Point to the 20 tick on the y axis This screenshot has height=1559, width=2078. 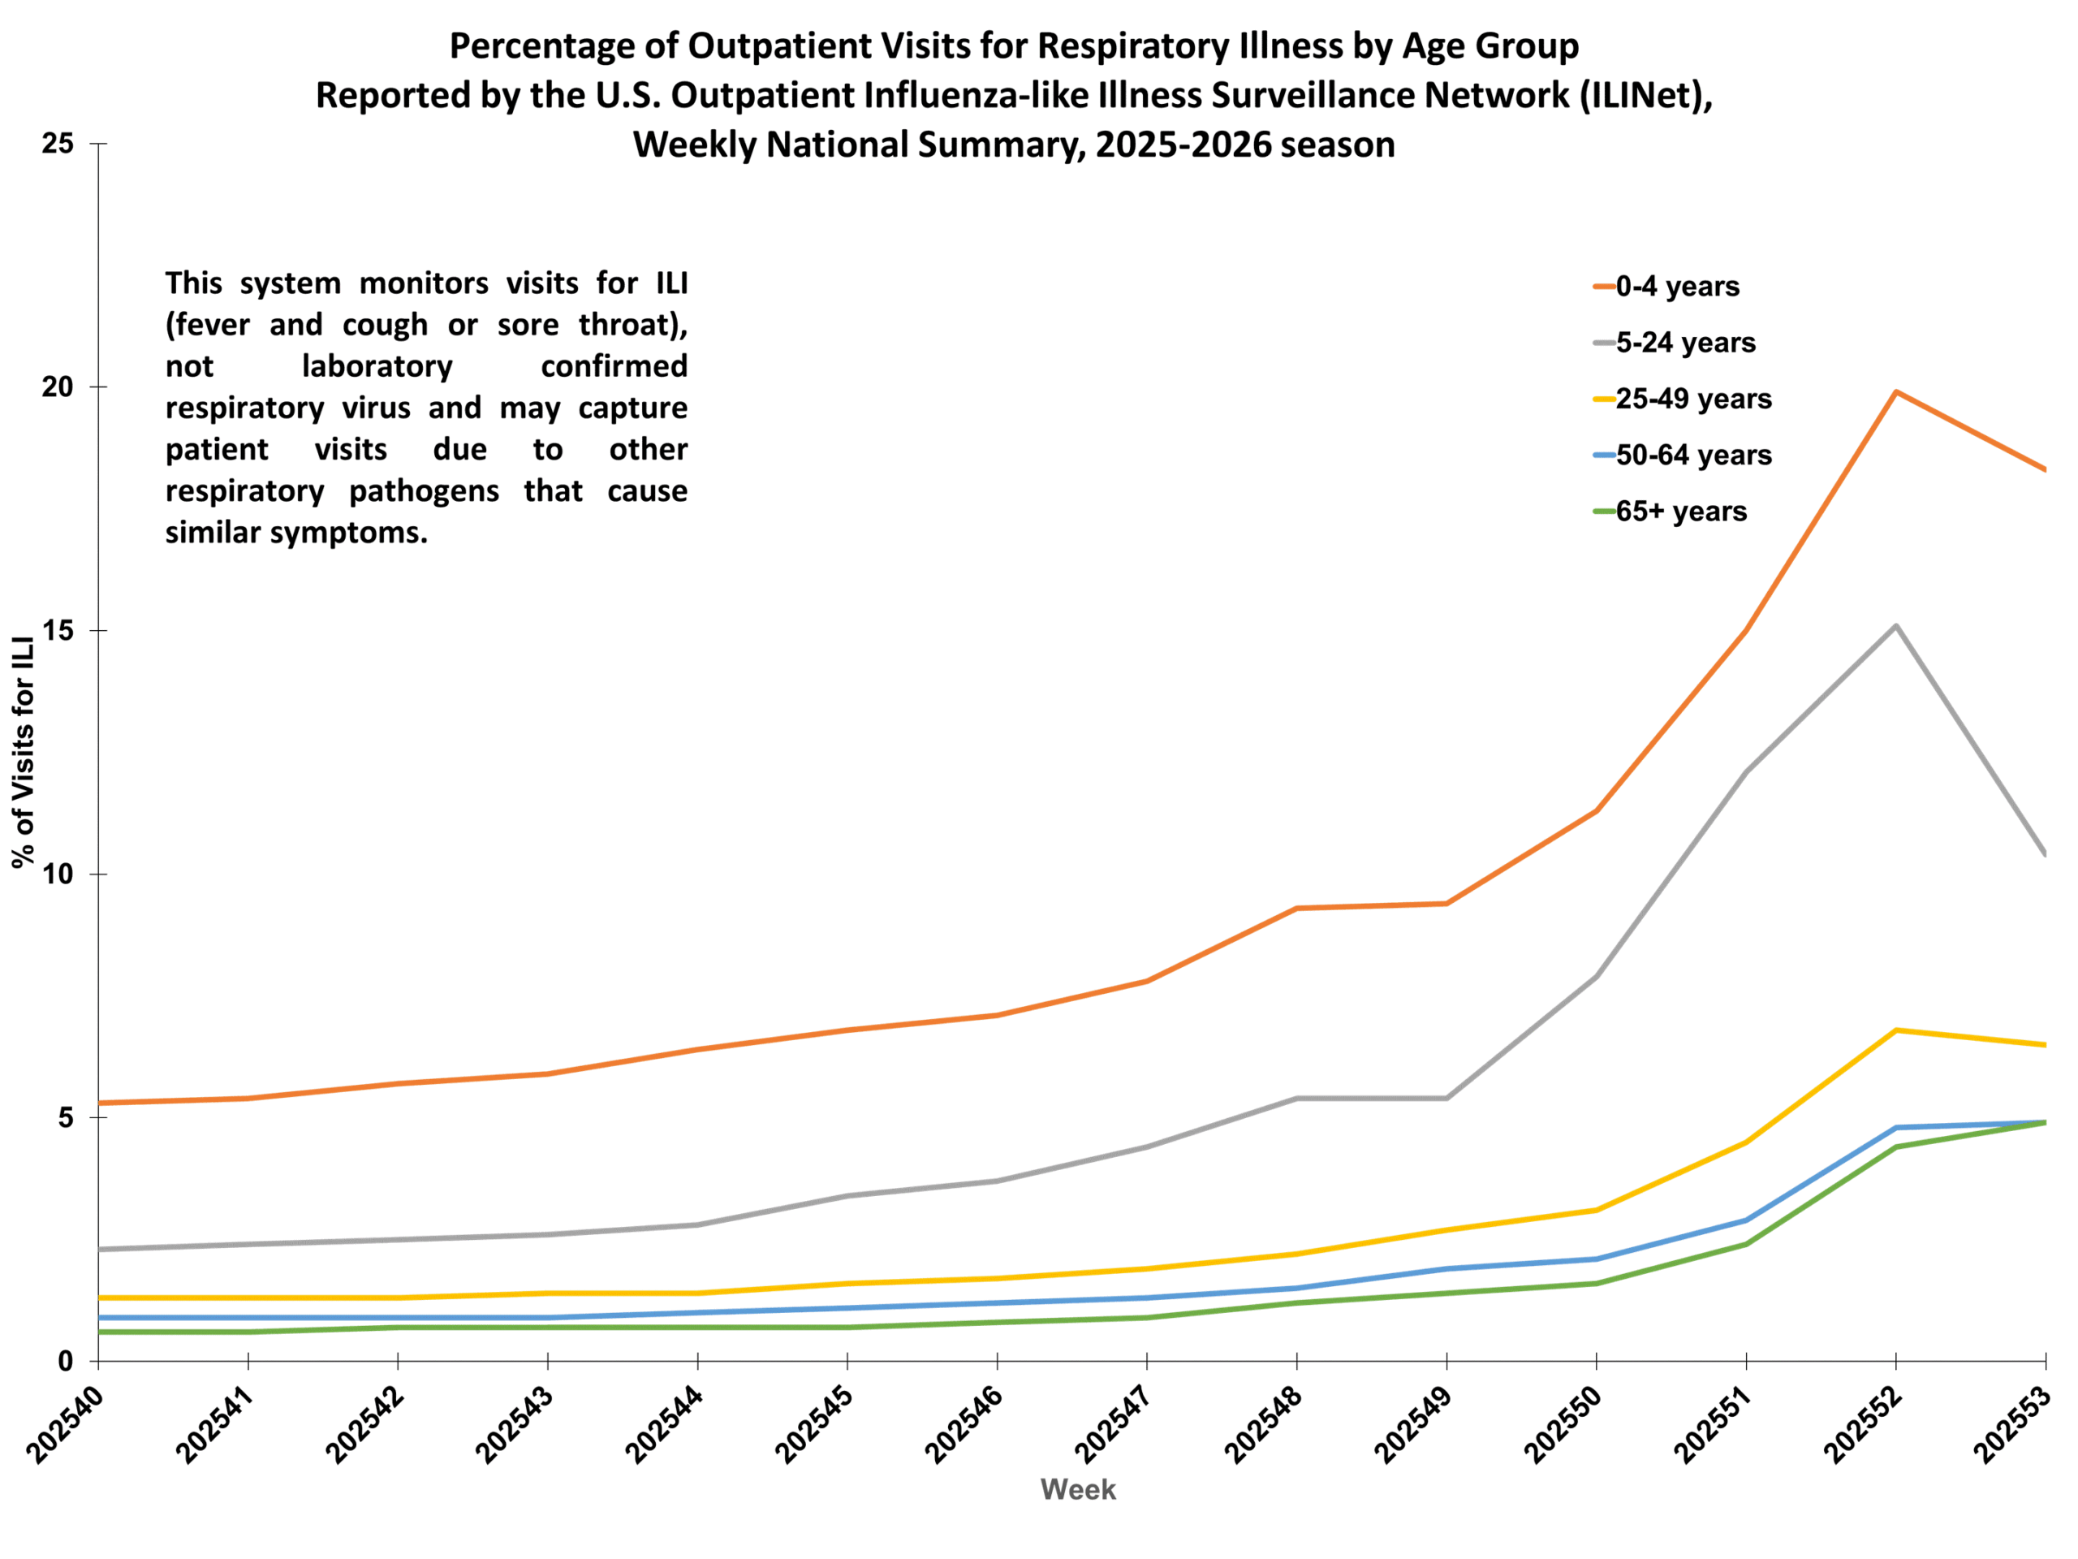[x=58, y=387]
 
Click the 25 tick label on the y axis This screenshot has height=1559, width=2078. [x=58, y=144]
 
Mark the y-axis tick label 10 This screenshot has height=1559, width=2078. [x=58, y=874]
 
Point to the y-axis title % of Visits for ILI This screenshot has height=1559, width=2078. [x=24, y=752]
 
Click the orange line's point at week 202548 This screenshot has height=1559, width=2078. [x=1296, y=909]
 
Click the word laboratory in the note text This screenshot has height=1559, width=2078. [x=377, y=366]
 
